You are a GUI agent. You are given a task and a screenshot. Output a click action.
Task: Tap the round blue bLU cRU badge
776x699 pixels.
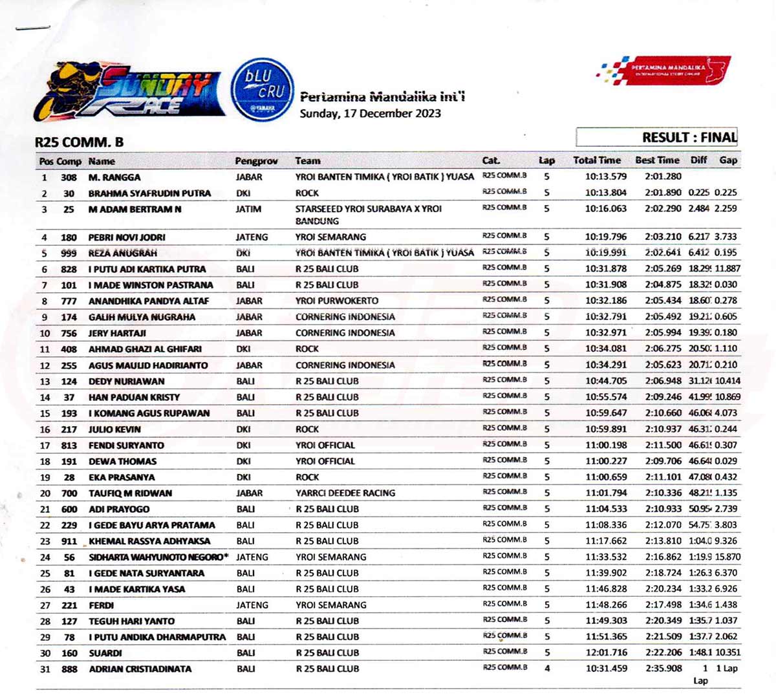tap(262, 89)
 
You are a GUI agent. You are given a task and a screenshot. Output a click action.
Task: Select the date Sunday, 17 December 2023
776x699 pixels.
tap(370, 114)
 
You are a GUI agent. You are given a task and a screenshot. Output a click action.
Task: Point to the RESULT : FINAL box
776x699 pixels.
tap(657, 137)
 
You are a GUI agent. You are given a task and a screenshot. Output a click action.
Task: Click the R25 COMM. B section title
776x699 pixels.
tap(79, 142)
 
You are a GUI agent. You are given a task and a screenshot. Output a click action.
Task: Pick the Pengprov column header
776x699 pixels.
tap(256, 161)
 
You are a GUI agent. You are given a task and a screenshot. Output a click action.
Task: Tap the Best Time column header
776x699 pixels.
tap(657, 160)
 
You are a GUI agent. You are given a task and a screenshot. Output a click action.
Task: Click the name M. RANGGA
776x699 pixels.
tap(114, 177)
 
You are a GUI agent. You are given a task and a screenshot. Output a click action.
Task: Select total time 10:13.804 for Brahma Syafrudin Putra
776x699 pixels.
tap(606, 193)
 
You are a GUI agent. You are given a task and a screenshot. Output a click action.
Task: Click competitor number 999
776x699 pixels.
tap(69, 253)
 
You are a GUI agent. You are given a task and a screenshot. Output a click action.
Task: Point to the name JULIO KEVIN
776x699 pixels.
tap(114, 429)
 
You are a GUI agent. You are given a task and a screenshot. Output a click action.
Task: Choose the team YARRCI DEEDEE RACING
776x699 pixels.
tap(345, 493)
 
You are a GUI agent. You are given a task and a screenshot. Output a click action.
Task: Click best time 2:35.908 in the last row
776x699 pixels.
tap(663, 669)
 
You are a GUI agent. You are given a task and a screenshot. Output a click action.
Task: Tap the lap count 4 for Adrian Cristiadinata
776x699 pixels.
tap(547, 669)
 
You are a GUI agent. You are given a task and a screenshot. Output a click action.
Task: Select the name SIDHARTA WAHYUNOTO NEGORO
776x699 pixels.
tap(158, 557)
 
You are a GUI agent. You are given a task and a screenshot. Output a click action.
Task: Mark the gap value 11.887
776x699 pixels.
tap(727, 268)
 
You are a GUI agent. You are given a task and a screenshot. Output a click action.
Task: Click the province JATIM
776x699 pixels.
tap(248, 209)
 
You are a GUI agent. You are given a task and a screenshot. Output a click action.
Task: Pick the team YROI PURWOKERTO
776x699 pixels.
tap(337, 301)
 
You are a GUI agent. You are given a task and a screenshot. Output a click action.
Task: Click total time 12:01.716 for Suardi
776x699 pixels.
tap(606, 652)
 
